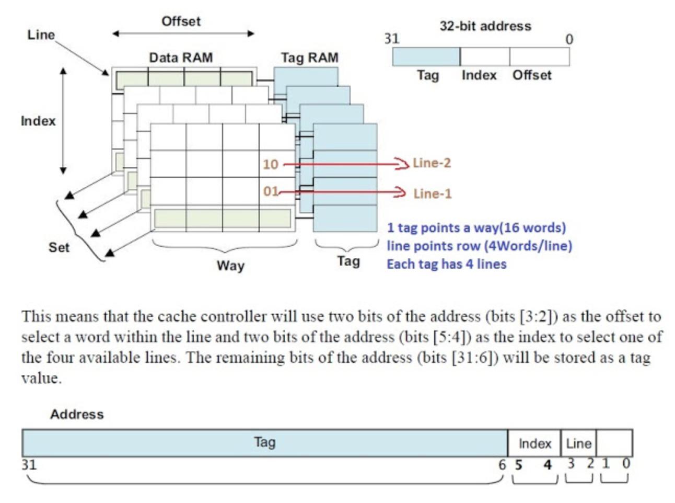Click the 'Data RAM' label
coord(181,58)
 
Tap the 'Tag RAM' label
coord(309,58)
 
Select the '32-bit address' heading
coord(485,26)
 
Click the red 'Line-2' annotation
coord(432,163)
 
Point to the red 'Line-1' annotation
coord(432,193)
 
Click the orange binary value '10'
coord(270,164)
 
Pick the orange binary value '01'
coord(271,191)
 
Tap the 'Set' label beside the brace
coord(59,247)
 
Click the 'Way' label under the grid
coord(230,266)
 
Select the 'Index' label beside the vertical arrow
coord(38,121)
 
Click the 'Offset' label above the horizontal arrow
coord(181,21)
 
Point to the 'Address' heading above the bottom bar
coord(77,414)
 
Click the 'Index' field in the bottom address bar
coord(534,443)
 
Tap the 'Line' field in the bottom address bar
coord(578,443)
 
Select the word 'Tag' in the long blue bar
coord(264,442)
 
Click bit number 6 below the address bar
coord(502,464)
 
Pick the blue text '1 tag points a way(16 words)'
coord(476,228)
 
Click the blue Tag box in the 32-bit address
coord(426,56)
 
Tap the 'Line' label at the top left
coord(41,35)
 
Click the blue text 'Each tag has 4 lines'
coord(446,264)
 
